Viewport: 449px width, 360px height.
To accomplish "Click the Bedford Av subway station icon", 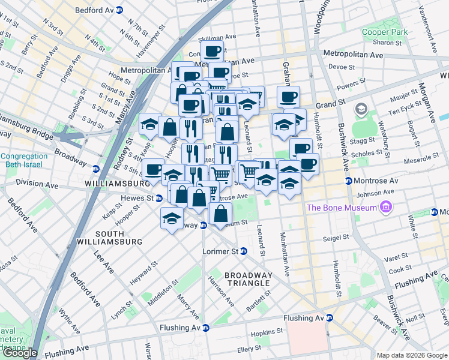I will click(x=119, y=10).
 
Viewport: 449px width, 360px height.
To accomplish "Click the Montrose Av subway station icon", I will click(x=348, y=181).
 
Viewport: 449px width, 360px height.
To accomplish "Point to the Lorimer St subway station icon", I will click(x=243, y=251).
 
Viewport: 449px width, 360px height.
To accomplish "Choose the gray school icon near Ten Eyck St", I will click(x=361, y=110).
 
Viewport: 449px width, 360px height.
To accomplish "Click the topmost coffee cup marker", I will click(x=212, y=52).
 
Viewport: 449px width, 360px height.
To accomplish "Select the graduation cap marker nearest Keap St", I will click(x=149, y=125).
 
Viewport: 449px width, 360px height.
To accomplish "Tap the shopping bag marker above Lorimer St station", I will click(x=221, y=212).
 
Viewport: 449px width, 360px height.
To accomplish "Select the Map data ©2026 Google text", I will click(x=412, y=355).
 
